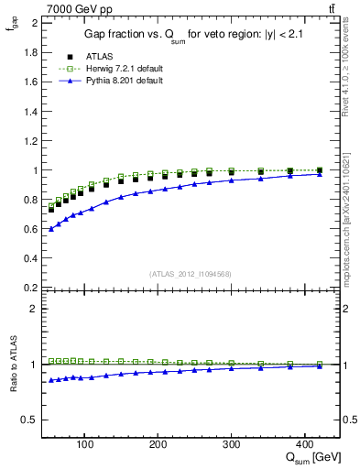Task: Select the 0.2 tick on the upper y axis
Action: [30, 288]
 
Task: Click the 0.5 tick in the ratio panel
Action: [30, 420]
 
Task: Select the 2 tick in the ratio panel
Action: [33, 309]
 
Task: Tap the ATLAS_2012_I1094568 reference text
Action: [190, 273]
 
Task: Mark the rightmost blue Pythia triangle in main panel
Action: [319, 174]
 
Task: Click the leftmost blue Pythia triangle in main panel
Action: [51, 228]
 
